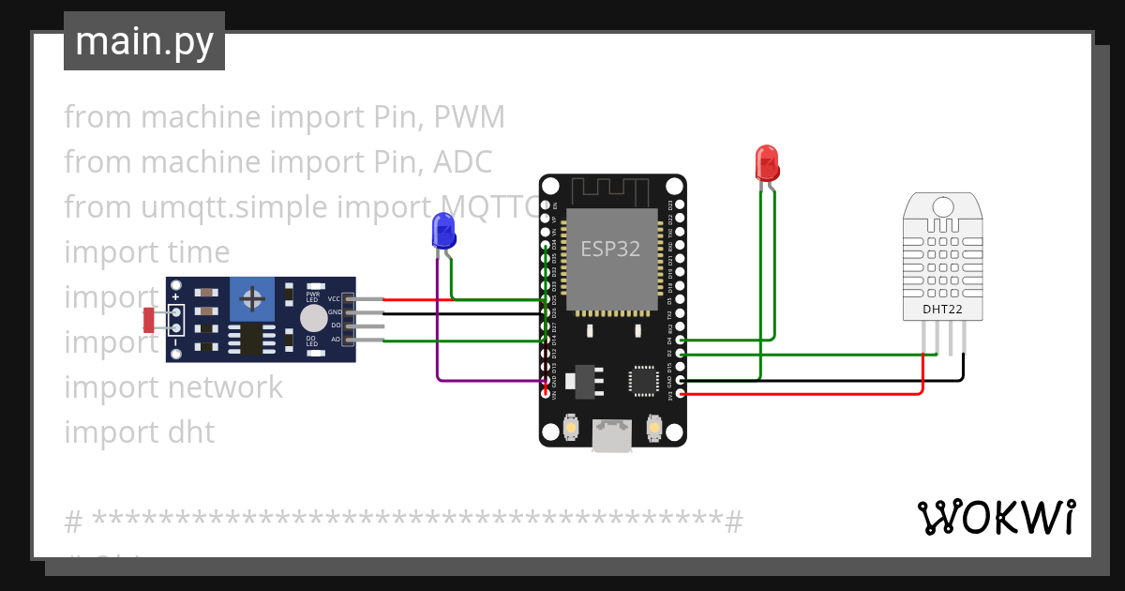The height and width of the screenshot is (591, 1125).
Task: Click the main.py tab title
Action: click(143, 41)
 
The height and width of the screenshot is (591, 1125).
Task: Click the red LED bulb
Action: click(766, 161)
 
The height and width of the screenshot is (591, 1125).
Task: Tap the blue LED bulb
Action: click(443, 230)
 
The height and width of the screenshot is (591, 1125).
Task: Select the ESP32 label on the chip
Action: click(610, 249)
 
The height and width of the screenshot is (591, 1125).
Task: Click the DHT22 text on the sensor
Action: click(941, 309)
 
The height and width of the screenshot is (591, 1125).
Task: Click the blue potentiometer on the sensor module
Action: click(251, 298)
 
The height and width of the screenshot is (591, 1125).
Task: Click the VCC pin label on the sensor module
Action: click(334, 299)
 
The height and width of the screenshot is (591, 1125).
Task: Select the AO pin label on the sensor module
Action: click(335, 340)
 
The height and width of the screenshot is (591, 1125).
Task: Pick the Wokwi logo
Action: click(996, 518)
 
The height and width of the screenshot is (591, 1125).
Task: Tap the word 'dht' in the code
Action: click(190, 432)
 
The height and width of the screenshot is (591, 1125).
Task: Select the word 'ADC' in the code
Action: click(462, 162)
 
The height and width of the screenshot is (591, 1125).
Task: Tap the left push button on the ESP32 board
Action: click(570, 429)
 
